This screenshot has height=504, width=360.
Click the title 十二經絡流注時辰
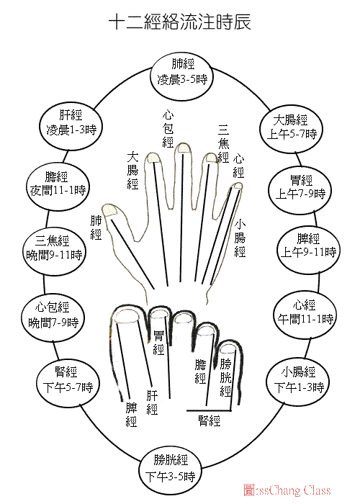tap(180, 22)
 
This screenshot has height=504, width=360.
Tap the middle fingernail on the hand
tap(183, 148)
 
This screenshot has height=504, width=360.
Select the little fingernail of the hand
tap(238, 186)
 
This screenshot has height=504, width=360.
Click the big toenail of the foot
tap(127, 318)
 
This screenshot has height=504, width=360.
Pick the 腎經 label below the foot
tap(210, 420)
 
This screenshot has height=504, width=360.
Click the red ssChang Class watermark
tap(287, 490)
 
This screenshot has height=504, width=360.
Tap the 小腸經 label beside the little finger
tap(240, 238)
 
